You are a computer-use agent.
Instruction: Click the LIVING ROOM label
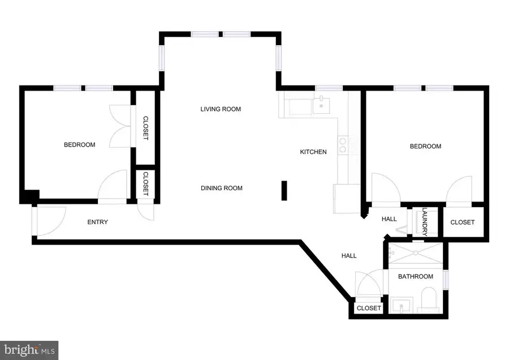point(221,109)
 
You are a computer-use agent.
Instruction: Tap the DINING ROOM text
point(222,188)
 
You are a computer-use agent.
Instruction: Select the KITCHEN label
point(313,152)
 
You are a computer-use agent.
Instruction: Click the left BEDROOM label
point(79,145)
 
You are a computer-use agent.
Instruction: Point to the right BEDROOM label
point(425,147)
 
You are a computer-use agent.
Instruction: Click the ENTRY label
point(97,222)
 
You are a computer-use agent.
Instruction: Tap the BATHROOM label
point(415,276)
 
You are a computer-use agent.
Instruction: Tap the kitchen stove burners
point(343,145)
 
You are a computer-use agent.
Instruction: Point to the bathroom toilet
point(429,298)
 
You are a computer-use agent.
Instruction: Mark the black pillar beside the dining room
point(285,191)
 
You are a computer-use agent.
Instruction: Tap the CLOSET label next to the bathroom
point(369,308)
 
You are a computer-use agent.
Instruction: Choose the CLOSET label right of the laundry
point(462,222)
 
